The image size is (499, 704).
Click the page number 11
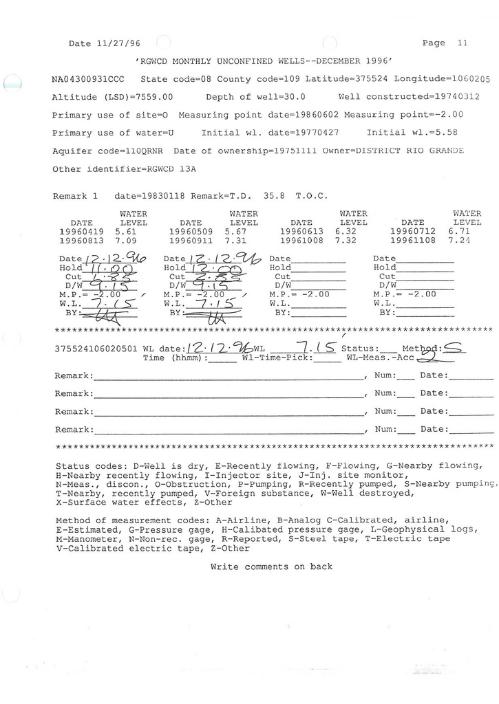pos(462,43)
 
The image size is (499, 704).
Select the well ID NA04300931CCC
pos(88,79)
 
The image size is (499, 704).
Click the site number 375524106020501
pos(96,349)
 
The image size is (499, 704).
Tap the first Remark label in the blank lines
pos(74,376)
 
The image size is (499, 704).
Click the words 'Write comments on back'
pos(271,566)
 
